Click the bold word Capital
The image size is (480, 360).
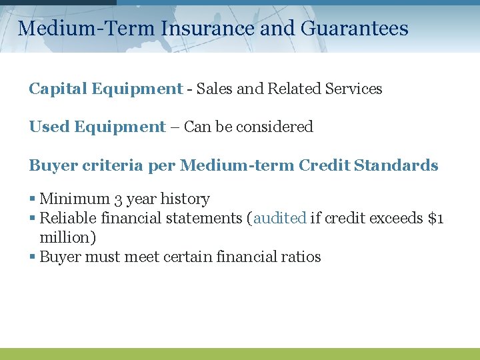click(58, 89)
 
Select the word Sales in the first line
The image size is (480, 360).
click(212, 89)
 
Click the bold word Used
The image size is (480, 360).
click(49, 127)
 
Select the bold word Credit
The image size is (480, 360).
click(325, 165)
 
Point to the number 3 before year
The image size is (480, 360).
click(119, 199)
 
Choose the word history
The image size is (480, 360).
click(185, 199)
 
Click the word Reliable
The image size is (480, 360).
click(67, 218)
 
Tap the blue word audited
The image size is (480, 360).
click(280, 218)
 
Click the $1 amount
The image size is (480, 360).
click(435, 218)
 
